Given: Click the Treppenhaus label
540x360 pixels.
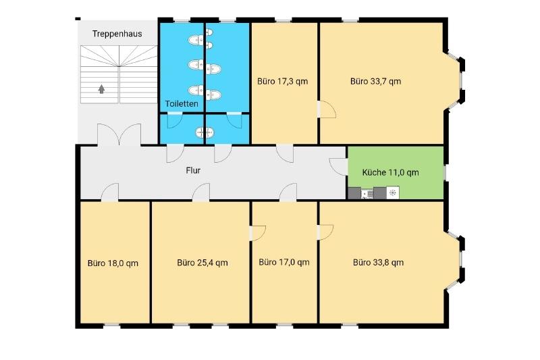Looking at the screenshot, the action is (x=117, y=34).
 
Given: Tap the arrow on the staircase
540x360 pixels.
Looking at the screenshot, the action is (x=101, y=89).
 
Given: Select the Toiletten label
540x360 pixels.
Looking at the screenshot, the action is (x=182, y=104).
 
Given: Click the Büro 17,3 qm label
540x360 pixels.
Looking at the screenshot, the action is (x=282, y=81).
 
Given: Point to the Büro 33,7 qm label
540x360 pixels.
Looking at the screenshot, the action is (x=376, y=81).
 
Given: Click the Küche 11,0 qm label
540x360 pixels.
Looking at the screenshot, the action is (x=391, y=172).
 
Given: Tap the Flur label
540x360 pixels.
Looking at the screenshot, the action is (x=193, y=170).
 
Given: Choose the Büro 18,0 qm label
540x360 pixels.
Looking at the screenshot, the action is (x=113, y=263).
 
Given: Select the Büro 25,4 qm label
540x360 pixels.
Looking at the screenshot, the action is (x=202, y=263).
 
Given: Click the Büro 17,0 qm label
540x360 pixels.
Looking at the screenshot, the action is (x=284, y=262).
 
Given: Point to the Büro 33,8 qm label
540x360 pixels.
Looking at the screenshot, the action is (x=379, y=263).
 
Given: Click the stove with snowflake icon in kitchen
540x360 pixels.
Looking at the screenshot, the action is (x=393, y=193).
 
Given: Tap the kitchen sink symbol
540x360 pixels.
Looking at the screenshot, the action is (x=367, y=194).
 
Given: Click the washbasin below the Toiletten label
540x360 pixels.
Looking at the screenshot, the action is (x=205, y=132).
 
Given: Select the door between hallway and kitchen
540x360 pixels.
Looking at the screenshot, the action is (x=339, y=167).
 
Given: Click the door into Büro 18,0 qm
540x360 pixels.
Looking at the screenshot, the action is (x=110, y=192).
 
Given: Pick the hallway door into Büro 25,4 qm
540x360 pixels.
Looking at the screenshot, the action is (x=201, y=192).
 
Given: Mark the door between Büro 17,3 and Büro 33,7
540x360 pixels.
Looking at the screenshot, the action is (x=327, y=109).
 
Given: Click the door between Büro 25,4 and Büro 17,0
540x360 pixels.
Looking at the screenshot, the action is (x=257, y=233).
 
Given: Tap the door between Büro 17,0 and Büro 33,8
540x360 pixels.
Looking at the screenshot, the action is (x=325, y=232).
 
